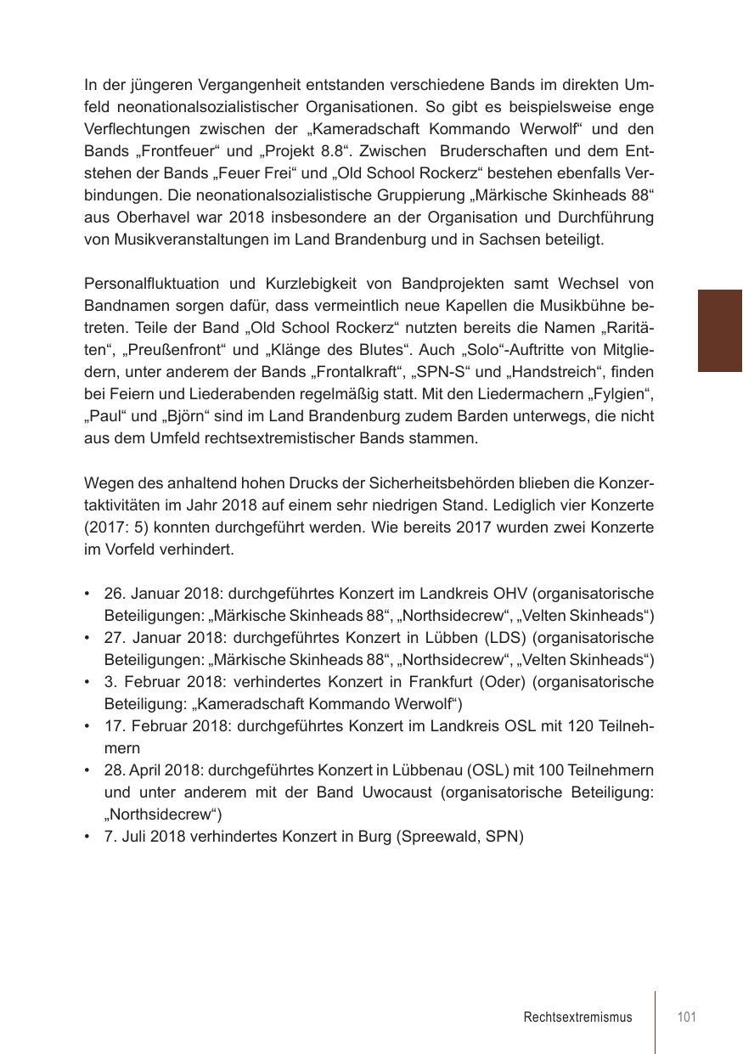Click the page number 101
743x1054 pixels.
[687, 1017]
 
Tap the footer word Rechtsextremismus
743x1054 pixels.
[577, 1017]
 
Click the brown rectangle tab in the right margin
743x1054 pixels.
[719, 330]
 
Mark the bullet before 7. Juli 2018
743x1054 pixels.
[88, 837]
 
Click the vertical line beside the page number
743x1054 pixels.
[656, 1022]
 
